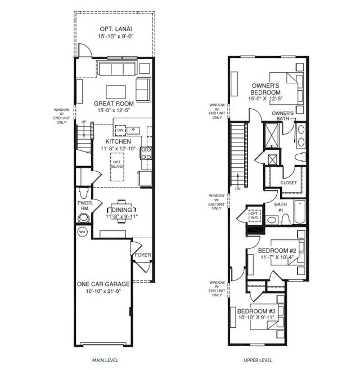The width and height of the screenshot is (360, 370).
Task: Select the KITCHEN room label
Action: [119, 141]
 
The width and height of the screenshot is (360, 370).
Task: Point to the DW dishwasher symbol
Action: [120, 129]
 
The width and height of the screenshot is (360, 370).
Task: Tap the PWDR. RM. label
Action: [85, 207]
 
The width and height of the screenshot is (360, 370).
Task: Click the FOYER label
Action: [142, 255]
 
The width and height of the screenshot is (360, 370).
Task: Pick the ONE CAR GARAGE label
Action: [103, 284]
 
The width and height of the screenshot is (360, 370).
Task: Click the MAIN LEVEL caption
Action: [105, 360]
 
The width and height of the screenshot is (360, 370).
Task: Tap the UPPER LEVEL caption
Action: [259, 360]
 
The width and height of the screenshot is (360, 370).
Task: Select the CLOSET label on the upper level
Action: [289, 183]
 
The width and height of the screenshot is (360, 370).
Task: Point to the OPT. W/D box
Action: [254, 215]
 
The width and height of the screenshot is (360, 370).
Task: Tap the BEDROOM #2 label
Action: [277, 251]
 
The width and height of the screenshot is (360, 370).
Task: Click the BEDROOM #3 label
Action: [256, 311]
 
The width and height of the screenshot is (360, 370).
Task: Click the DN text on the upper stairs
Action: [238, 188]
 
